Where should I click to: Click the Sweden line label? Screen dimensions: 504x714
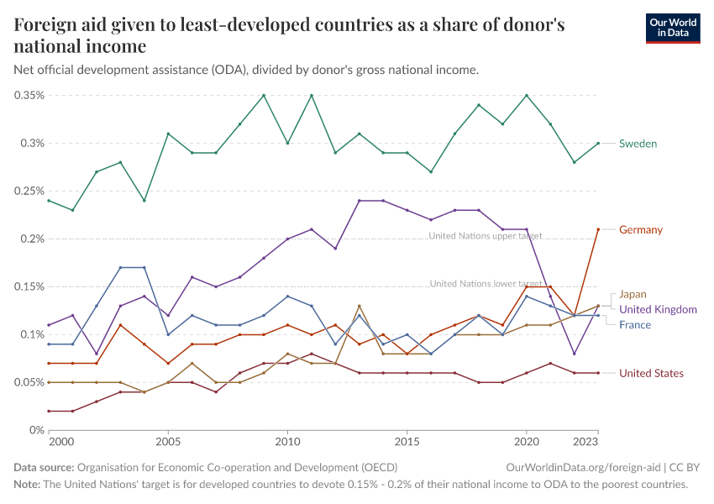[x=638, y=144]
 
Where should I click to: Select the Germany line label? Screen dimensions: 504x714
[x=641, y=229]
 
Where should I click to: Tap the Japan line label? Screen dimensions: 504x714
[x=633, y=294]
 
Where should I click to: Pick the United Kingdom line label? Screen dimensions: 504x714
[x=658, y=309]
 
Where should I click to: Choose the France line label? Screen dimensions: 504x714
[x=635, y=324]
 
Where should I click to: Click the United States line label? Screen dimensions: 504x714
[x=651, y=373]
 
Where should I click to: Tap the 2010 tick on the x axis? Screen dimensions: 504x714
[x=287, y=441]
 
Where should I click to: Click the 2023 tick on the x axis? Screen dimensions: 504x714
[x=586, y=441]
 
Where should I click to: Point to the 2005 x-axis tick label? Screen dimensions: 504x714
[x=168, y=441]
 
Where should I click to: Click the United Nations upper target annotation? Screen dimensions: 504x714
[x=486, y=236]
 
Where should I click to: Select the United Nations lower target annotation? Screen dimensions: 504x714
[x=486, y=284]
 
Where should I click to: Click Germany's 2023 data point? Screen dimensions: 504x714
[x=598, y=229]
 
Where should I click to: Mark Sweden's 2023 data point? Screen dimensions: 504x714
[x=598, y=144]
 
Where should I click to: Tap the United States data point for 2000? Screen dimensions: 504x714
[x=72, y=411]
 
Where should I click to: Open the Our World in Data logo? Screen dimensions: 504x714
[x=673, y=28]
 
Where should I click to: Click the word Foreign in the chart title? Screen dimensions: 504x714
[x=44, y=26]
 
